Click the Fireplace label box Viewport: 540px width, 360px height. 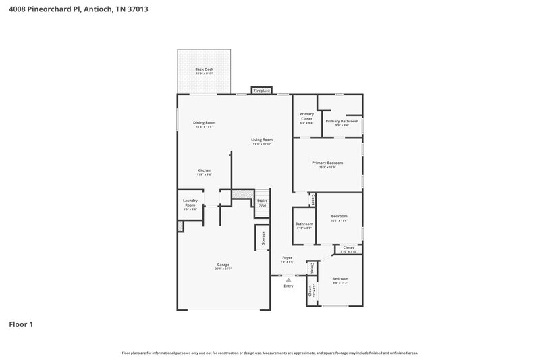point(262,90)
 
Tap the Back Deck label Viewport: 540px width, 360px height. point(205,70)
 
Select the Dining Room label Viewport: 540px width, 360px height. point(205,123)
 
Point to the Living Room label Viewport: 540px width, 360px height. point(262,140)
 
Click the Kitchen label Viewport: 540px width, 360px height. point(205,170)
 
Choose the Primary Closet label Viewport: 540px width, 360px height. point(306,116)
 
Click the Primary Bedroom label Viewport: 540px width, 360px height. point(327,163)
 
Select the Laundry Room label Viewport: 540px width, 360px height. point(190,202)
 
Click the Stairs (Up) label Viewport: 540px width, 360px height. point(263,202)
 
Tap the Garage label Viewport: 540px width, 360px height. point(223,264)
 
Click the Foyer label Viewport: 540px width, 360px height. point(287,258)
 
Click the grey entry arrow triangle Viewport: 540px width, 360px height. point(288,279)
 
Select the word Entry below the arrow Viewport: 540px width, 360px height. point(288,286)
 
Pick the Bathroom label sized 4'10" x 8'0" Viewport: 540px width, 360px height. point(304,224)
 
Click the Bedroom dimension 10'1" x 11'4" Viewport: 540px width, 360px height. point(339,220)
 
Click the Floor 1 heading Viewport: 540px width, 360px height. point(21,324)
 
